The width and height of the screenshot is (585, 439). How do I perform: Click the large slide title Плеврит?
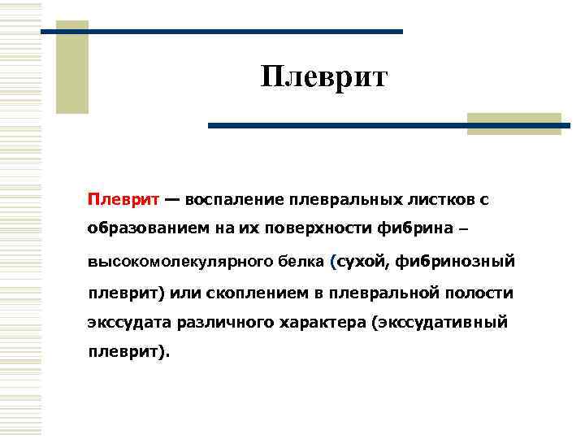pos(325,78)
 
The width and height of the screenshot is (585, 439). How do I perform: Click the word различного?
pos(223,322)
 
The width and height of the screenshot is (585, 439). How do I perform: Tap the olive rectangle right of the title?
pos(514,124)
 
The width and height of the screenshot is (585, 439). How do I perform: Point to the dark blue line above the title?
pos(221,31)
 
